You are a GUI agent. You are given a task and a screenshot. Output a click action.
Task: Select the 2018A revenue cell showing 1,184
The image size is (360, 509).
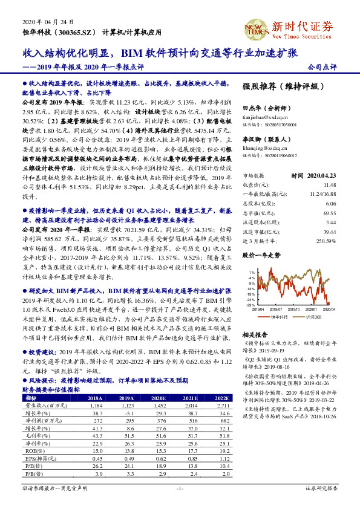click(94, 406)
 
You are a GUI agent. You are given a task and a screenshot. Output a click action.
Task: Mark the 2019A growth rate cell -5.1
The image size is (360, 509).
click(127, 413)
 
